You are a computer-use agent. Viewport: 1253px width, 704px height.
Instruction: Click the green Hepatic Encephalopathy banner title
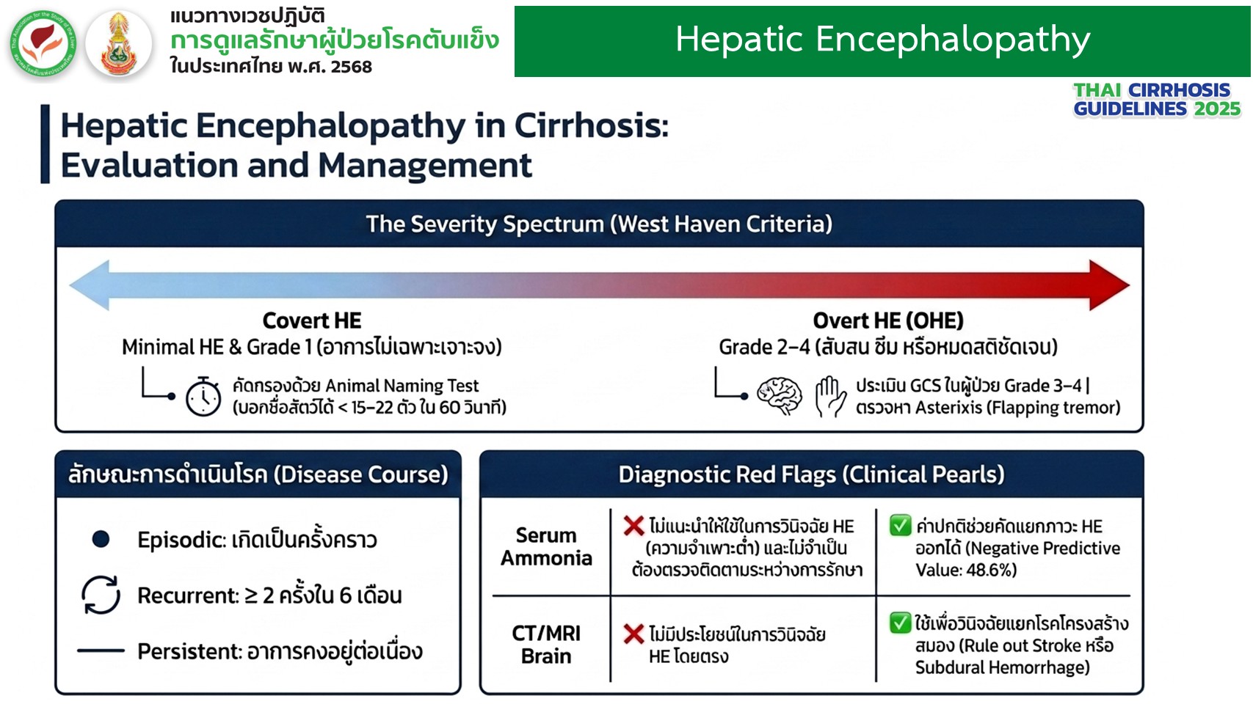pyautogui.click(x=883, y=40)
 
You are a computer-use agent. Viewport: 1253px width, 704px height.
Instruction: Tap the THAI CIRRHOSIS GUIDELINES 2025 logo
pyautogui.click(x=1156, y=100)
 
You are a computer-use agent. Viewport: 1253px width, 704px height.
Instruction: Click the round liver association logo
pyautogui.click(x=43, y=43)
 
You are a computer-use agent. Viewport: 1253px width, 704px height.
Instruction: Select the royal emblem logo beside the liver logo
pyautogui.click(x=119, y=43)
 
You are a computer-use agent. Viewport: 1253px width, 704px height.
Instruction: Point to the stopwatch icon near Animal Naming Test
pyautogui.click(x=203, y=396)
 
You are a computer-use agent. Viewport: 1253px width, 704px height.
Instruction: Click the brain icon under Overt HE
pyautogui.click(x=780, y=395)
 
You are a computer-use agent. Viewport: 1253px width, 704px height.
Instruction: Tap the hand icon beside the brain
pyautogui.click(x=830, y=396)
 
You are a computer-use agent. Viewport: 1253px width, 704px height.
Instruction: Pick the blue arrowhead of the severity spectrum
pyautogui.click(x=90, y=285)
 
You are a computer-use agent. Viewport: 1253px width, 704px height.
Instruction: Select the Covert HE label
pyautogui.click(x=312, y=320)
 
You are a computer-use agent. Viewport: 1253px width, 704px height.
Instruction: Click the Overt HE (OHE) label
pyautogui.click(x=888, y=320)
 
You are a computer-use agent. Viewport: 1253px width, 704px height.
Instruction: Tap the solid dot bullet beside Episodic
pyautogui.click(x=101, y=539)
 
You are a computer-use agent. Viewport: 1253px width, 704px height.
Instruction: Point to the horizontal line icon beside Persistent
pyautogui.click(x=101, y=650)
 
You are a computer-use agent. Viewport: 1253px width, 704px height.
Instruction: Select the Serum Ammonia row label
pyautogui.click(x=546, y=546)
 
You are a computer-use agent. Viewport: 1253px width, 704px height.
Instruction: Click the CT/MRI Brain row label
pyautogui.click(x=546, y=644)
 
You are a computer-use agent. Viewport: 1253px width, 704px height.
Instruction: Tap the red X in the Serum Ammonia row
pyautogui.click(x=633, y=526)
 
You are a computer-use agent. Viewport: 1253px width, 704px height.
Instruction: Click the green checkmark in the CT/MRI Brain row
pyautogui.click(x=900, y=623)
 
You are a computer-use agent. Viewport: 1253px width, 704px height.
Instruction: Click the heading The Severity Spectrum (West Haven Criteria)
pyautogui.click(x=599, y=224)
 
